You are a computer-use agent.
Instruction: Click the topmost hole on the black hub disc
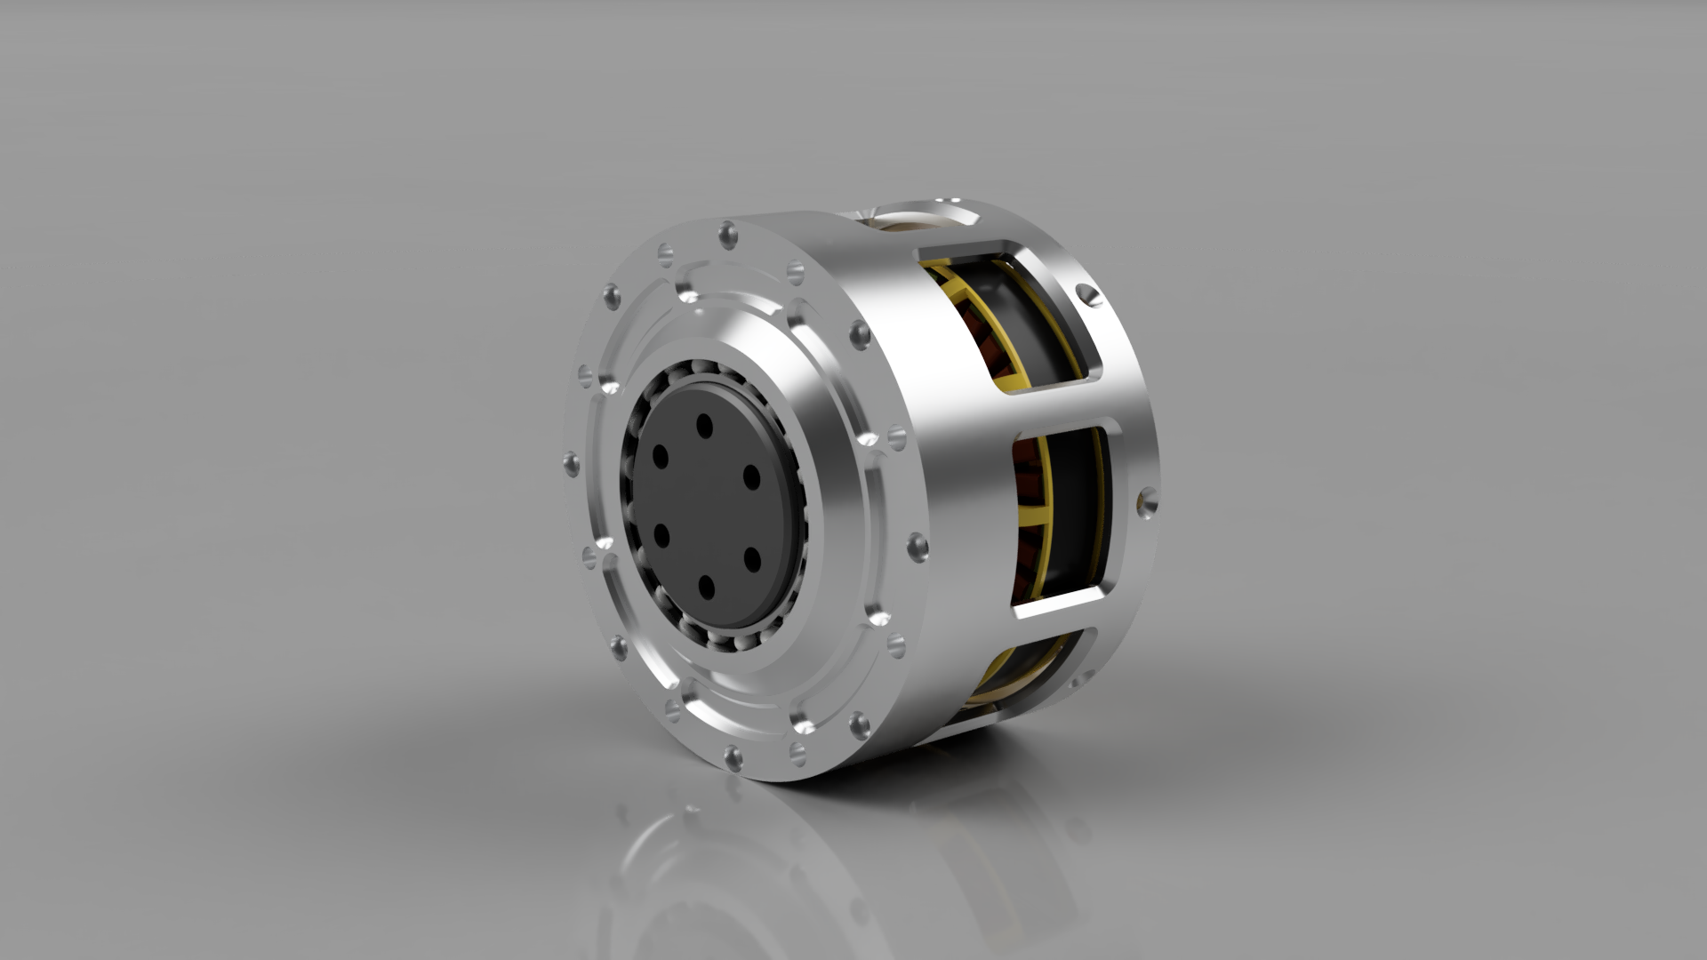tap(705, 425)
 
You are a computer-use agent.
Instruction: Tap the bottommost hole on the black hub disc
tap(707, 586)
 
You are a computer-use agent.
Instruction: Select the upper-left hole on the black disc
tap(661, 457)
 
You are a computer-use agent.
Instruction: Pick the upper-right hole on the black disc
tap(751, 477)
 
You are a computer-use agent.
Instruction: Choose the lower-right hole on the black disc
tap(751, 558)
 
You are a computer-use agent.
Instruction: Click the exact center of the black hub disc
tap(707, 507)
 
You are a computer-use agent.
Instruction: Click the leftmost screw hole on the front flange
tap(571, 463)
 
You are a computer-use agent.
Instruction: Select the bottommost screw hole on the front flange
tap(733, 757)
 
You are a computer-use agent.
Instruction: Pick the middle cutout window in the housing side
tap(1062, 516)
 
